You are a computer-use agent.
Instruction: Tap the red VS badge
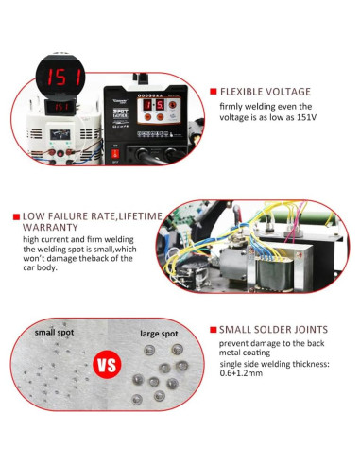105,365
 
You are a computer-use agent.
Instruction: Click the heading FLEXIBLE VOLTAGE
265,92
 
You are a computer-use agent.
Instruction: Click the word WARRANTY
50,228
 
